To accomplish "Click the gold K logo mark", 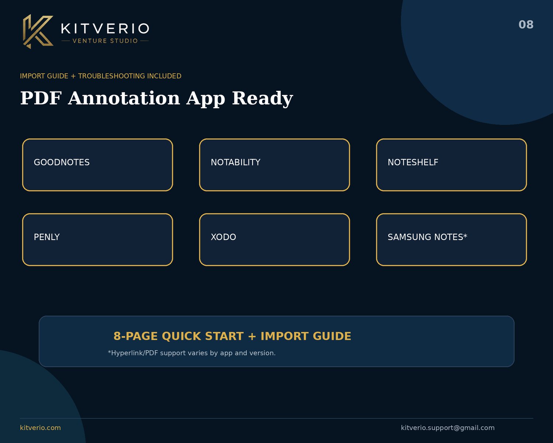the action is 38,31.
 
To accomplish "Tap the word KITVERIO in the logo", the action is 105,28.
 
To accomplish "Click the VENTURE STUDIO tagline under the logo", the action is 105,41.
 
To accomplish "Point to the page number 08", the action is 526,25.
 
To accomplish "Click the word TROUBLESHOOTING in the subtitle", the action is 112,76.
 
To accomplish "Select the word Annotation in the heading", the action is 124,98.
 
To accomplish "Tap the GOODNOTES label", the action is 62,162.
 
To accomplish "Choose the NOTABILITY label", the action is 235,162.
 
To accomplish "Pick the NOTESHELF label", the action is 413,162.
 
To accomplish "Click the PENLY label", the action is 47,237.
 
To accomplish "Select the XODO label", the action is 223,237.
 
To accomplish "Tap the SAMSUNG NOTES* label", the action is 427,237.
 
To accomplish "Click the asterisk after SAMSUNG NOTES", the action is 465,235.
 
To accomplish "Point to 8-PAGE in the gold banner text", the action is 136,336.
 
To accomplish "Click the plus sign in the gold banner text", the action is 252,336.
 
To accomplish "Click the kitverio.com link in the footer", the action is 40,428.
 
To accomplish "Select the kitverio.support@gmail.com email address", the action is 448,428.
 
